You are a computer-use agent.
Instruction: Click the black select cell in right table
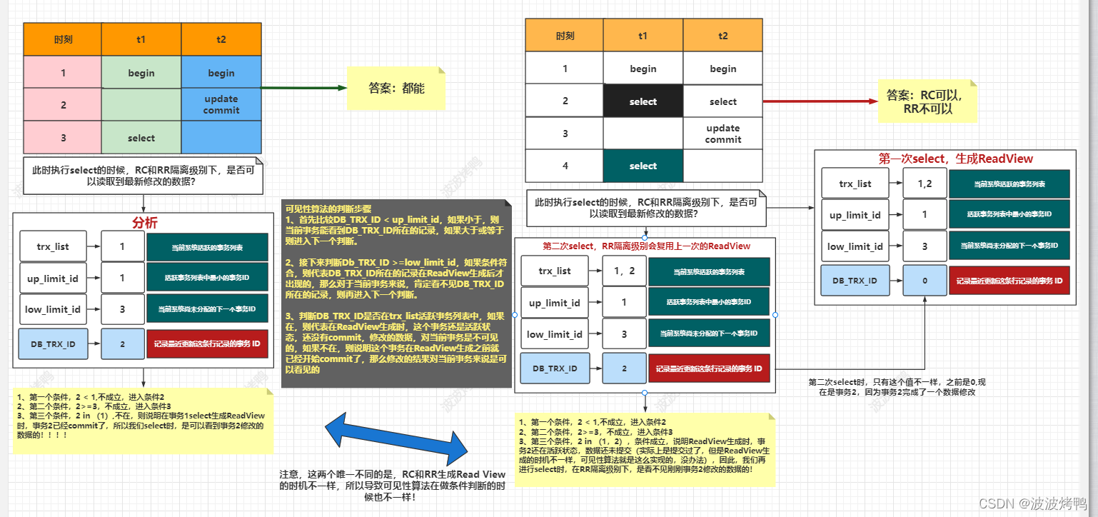[x=643, y=101]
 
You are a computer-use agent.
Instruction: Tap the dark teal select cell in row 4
[x=643, y=166]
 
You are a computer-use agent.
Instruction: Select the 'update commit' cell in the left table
[x=221, y=104]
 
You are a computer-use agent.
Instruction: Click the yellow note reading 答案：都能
[x=396, y=89]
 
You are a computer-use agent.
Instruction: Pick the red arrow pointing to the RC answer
[x=820, y=101]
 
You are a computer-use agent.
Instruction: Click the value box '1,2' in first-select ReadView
[x=925, y=184]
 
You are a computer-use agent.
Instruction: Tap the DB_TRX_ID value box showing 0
[x=925, y=281]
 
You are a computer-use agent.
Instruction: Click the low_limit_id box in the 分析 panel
[x=54, y=309]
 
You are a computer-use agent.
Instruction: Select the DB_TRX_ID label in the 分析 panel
[x=54, y=344]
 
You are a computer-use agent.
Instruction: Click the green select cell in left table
[x=141, y=138]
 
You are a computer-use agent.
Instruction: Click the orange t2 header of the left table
[x=221, y=39]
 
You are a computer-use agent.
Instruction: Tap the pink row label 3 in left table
[x=63, y=138]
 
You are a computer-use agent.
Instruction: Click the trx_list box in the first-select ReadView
[x=855, y=184]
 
